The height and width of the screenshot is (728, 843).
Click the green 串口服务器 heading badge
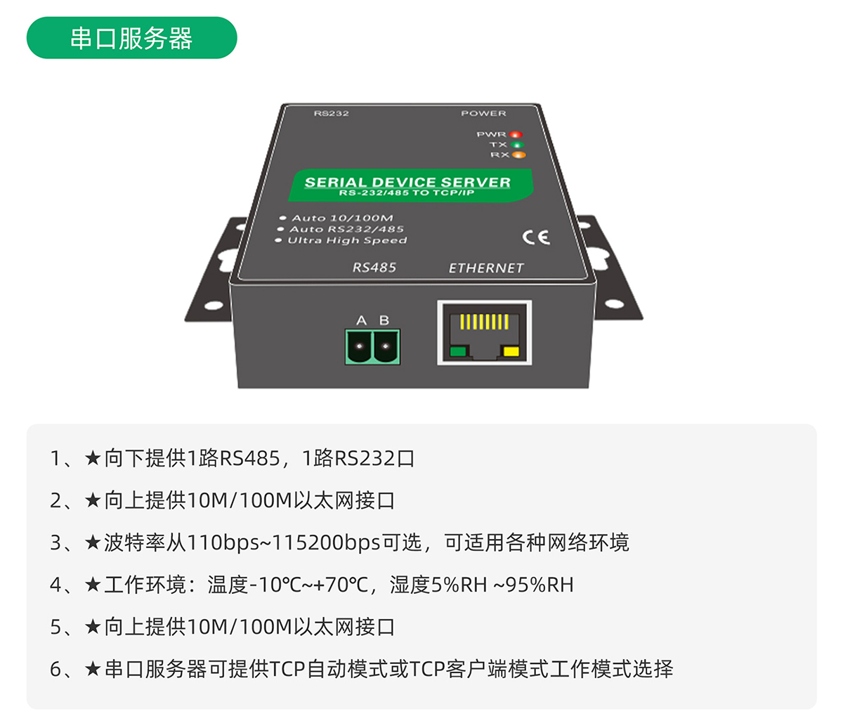click(x=131, y=38)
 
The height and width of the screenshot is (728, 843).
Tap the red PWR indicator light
click(x=516, y=134)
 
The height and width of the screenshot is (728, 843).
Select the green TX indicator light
click(x=517, y=145)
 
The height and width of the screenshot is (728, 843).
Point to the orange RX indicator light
click(x=518, y=155)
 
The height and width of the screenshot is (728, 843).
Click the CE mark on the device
click(x=536, y=238)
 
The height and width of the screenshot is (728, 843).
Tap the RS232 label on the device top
click(x=331, y=113)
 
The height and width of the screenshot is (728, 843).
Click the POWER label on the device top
click(x=483, y=113)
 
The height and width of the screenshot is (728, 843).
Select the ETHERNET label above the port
click(x=486, y=268)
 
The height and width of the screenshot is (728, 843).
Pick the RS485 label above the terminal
click(x=374, y=268)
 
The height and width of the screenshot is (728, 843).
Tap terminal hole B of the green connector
click(x=385, y=346)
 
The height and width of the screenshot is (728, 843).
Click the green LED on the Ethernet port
click(x=458, y=352)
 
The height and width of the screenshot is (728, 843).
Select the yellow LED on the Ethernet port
click(x=511, y=352)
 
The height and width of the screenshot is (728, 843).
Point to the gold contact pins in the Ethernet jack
click(x=484, y=323)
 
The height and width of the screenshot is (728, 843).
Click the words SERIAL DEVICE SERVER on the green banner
click(x=407, y=182)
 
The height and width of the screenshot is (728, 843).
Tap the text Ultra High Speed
click(x=347, y=240)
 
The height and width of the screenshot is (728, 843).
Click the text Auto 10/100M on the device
click(x=342, y=218)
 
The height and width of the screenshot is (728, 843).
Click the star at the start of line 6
click(x=93, y=668)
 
